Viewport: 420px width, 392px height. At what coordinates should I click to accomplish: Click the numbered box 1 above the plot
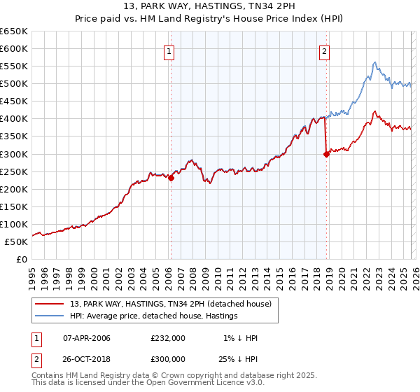pyautogui.click(x=170, y=50)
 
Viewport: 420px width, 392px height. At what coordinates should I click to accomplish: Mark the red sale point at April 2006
pyautogui.click(x=171, y=178)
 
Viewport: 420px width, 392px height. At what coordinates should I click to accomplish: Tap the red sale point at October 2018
pyautogui.click(x=326, y=155)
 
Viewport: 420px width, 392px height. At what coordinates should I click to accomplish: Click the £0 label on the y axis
pyautogui.click(x=22, y=259)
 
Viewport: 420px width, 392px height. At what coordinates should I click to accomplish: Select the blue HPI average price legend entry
pyautogui.click(x=153, y=316)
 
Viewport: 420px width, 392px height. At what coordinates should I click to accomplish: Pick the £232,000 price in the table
pyautogui.click(x=168, y=338)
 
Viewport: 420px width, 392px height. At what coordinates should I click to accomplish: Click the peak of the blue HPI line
pyautogui.click(x=375, y=62)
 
